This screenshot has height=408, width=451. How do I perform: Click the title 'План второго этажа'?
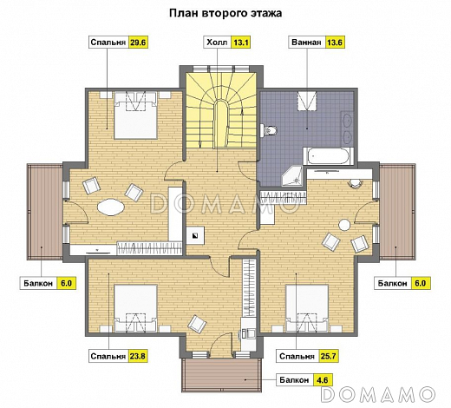(x=225, y=14)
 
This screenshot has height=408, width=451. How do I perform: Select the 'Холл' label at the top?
(x=216, y=42)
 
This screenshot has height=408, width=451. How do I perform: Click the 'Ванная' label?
(x=307, y=42)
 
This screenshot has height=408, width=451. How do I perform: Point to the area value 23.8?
(x=136, y=356)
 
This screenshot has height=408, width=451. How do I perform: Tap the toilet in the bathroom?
(x=270, y=131)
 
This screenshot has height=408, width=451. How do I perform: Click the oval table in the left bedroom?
(x=112, y=207)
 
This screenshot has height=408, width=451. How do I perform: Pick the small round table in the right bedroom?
(x=346, y=226)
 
